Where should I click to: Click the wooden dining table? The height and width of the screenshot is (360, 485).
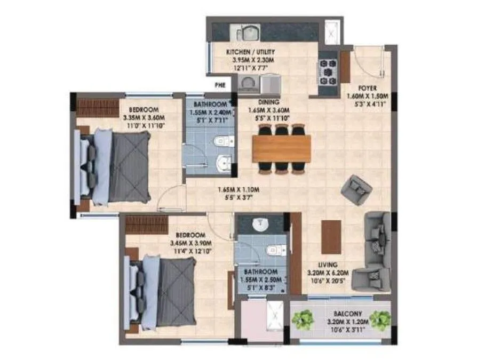[x=281, y=148]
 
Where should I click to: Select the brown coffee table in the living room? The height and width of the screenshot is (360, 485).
[x=331, y=237]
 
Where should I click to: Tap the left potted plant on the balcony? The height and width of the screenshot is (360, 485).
[x=303, y=320]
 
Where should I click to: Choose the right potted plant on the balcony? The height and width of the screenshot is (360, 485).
[x=380, y=320]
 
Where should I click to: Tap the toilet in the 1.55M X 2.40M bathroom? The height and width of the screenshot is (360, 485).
[x=221, y=140]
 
